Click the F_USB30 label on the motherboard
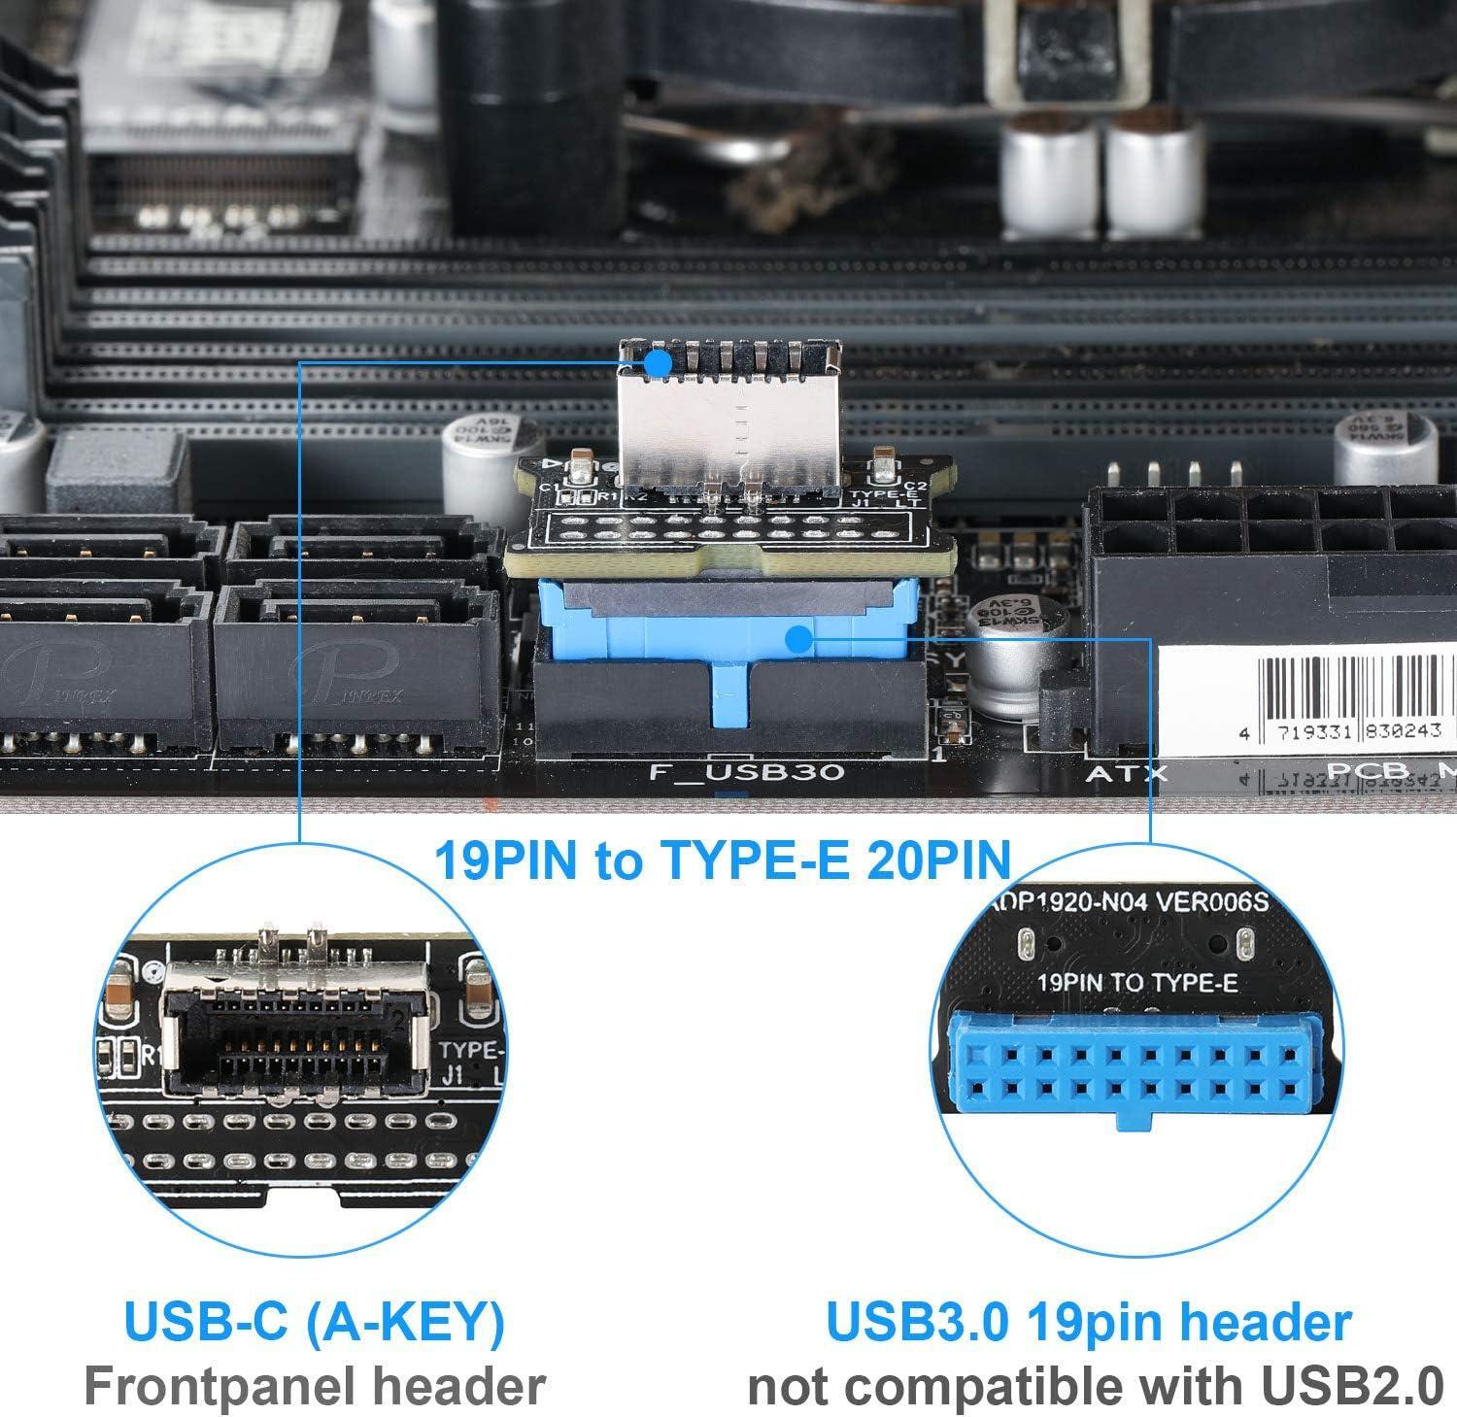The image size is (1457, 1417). click(745, 773)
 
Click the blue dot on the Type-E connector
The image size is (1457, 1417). click(658, 363)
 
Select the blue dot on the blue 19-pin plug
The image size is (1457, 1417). click(798, 639)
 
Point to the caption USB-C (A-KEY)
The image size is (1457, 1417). click(314, 1322)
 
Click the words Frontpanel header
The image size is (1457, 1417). click(314, 1386)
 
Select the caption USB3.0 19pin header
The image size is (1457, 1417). click(1088, 1322)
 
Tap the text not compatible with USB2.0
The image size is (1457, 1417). click(1096, 1386)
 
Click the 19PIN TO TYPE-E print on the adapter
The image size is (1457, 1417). click(1137, 982)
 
